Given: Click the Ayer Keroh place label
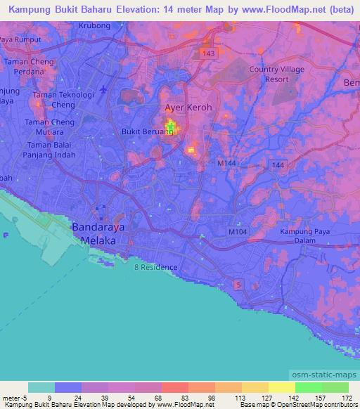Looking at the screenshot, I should click(x=188, y=108).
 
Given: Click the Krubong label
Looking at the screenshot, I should click(x=95, y=25).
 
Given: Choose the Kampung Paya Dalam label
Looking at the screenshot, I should click(x=304, y=237).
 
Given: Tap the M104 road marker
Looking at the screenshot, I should click(x=238, y=231).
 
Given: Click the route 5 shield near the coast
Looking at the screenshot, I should click(x=238, y=285).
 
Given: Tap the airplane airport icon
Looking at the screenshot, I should click(x=104, y=89).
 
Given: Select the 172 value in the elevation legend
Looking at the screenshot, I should click(x=346, y=398).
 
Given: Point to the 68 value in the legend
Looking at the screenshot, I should click(x=147, y=398).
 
